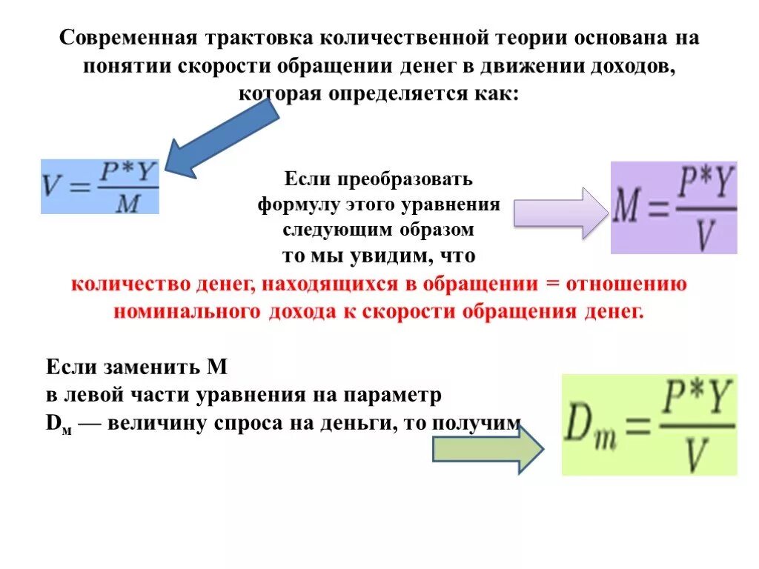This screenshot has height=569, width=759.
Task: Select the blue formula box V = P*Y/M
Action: click(x=100, y=187)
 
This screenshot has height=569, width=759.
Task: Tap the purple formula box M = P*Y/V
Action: click(x=673, y=207)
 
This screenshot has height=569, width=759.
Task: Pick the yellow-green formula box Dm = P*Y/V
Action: click(x=649, y=425)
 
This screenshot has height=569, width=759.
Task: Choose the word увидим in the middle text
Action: click(x=391, y=256)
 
